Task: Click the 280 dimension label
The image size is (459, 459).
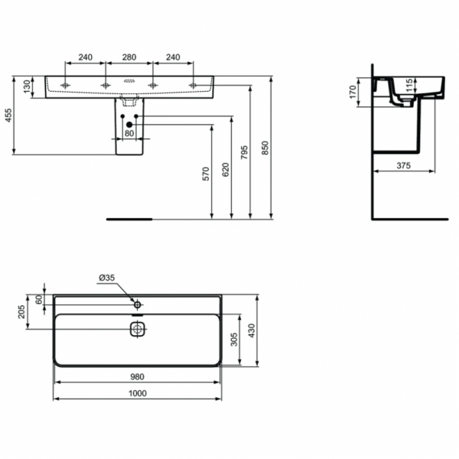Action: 129,57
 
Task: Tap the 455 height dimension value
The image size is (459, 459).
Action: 8,116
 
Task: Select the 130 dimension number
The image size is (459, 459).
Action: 27,86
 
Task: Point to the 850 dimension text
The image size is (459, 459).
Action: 265,148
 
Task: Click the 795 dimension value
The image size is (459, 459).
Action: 244,152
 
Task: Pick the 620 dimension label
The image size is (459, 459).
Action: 226,170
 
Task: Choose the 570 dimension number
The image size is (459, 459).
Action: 206,174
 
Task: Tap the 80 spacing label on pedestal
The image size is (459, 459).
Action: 129,133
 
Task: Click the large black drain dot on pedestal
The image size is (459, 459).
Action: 129,125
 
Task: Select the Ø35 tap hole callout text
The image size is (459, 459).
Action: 107,278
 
